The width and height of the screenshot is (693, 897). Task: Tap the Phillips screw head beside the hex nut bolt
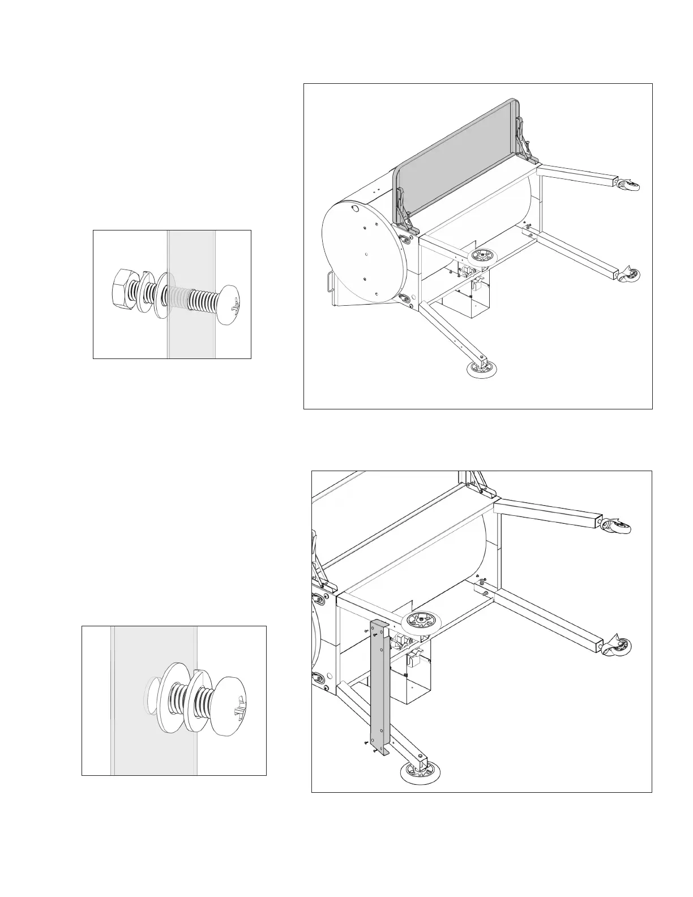point(231,304)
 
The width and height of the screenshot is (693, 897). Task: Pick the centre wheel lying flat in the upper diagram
point(481,255)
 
